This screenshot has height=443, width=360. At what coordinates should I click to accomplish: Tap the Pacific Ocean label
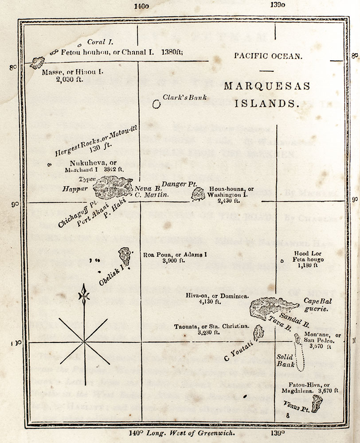click(262, 56)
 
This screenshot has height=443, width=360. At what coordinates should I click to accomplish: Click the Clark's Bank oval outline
click(156, 104)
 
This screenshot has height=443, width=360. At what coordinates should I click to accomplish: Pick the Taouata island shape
click(258, 332)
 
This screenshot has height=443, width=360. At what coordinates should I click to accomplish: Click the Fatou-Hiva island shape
click(316, 404)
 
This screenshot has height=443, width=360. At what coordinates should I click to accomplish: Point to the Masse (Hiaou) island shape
click(38, 62)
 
